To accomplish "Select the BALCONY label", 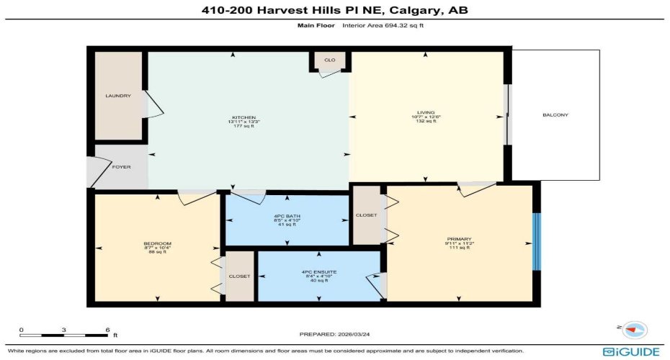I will (x=555, y=115).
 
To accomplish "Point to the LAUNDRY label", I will (x=117, y=96).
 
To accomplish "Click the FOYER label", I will (x=121, y=166).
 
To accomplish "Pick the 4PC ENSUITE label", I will (x=319, y=271).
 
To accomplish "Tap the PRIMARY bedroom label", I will (x=460, y=238).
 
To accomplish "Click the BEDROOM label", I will (x=157, y=243).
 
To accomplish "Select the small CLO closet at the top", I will (x=329, y=60).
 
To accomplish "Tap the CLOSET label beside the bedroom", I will (x=239, y=276).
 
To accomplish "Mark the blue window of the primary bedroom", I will (x=535, y=242).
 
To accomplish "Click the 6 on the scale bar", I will (x=107, y=330).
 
